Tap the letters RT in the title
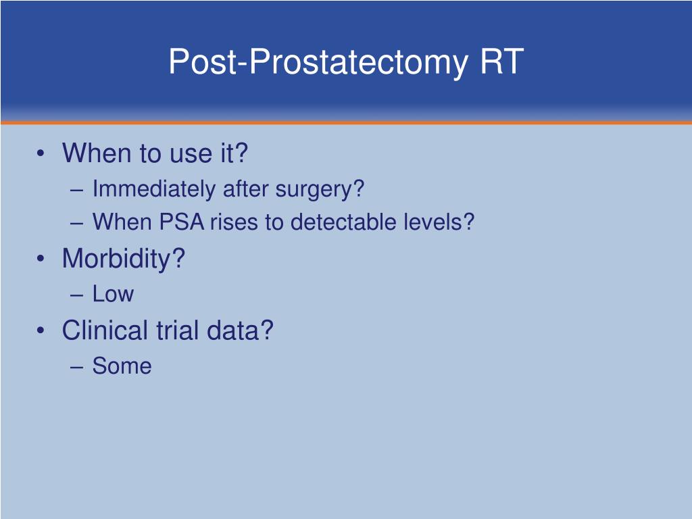tap(502, 62)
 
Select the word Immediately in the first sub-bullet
tap(155, 189)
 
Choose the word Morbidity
tap(122, 259)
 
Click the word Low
tap(113, 294)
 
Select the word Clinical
tap(105, 330)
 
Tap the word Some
tap(122, 366)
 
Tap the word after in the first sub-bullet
tap(247, 189)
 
